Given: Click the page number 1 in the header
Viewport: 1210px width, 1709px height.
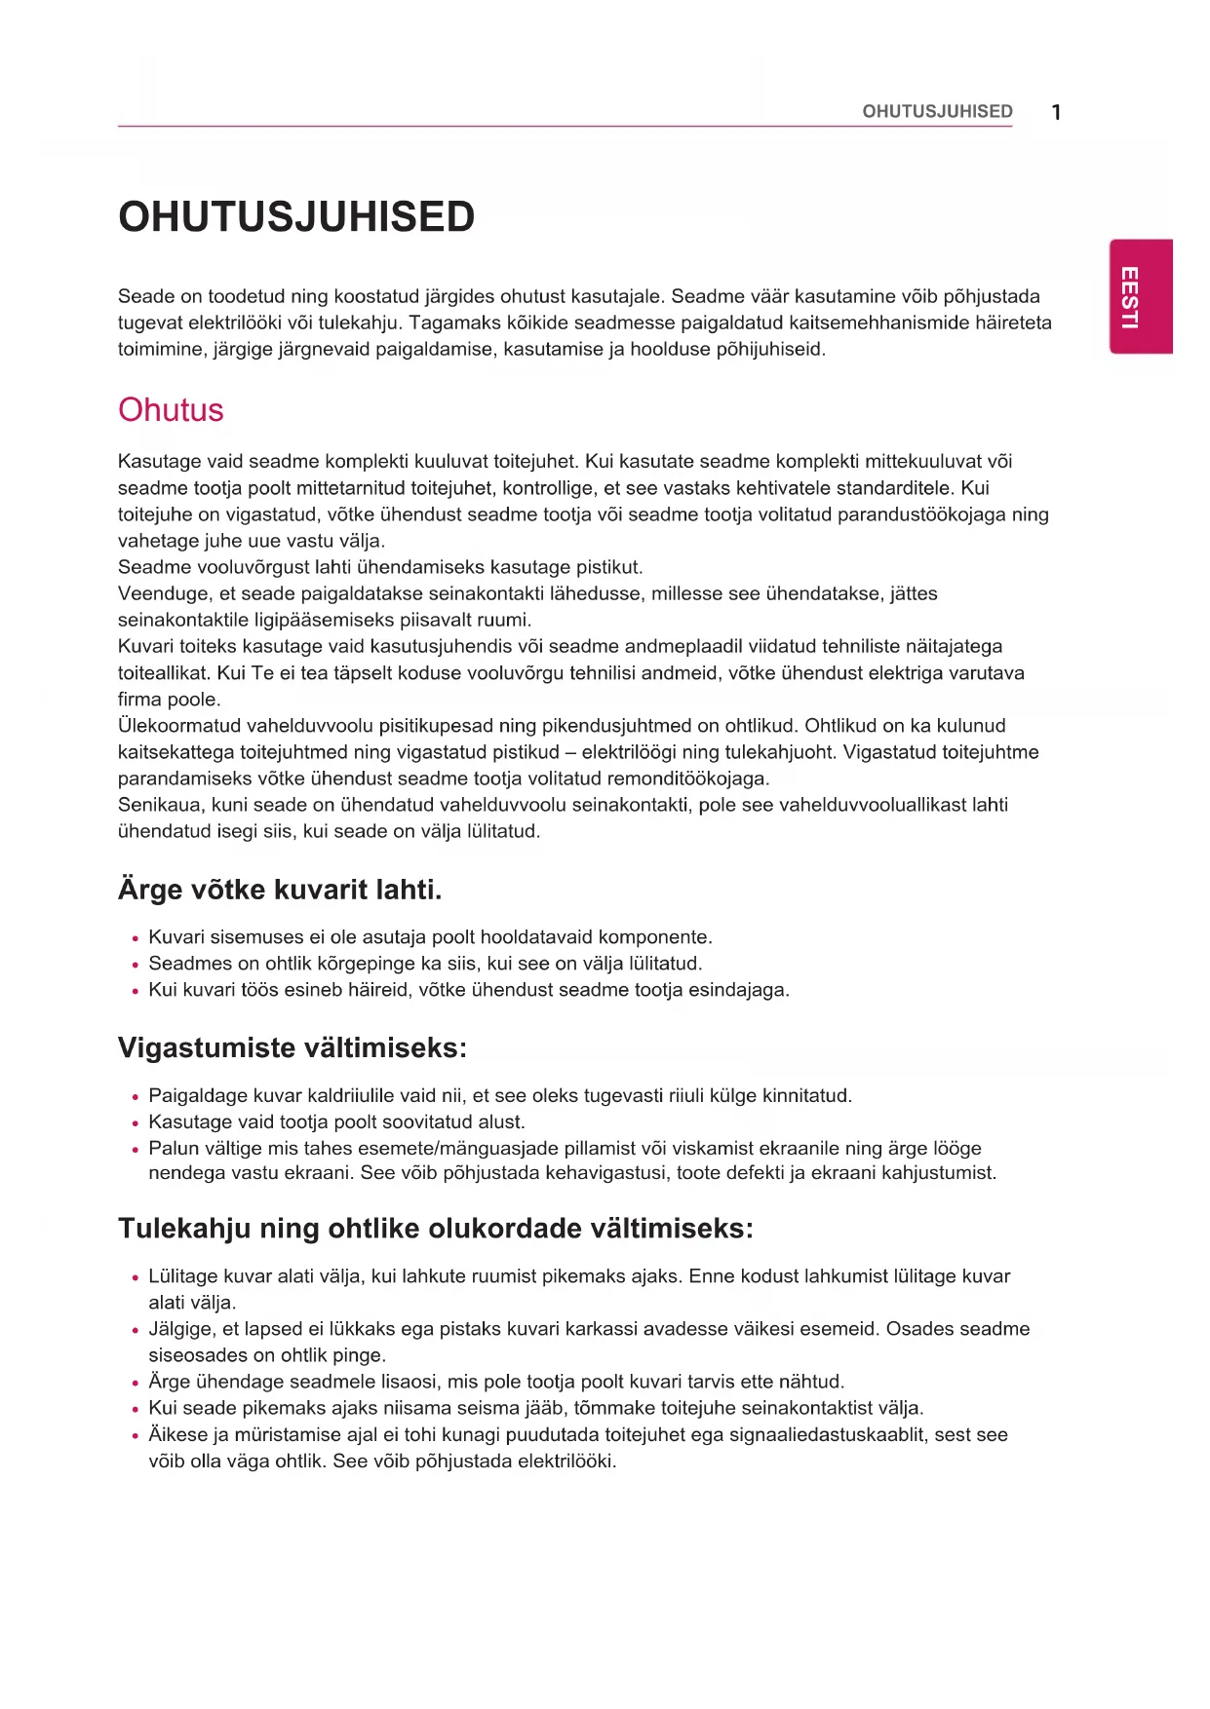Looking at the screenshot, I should tap(1056, 112).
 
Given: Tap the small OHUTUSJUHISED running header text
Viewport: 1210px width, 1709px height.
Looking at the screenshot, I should tap(937, 111).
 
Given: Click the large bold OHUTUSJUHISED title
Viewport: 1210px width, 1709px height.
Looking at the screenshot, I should tap(296, 216).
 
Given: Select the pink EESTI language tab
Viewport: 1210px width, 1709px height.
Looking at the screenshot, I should tap(1140, 296).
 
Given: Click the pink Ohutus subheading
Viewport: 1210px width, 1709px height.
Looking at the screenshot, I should tap(171, 409).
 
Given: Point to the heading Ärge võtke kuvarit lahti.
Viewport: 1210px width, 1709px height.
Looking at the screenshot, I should tap(280, 889).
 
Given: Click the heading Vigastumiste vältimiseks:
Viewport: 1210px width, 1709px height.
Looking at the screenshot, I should tap(292, 1047).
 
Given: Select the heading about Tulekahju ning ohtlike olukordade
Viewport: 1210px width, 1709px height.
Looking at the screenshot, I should tap(435, 1228).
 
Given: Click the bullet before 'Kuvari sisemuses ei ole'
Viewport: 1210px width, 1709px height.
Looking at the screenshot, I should tap(136, 939).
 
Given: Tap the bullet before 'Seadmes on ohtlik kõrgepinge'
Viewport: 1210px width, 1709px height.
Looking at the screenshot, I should tap(136, 966).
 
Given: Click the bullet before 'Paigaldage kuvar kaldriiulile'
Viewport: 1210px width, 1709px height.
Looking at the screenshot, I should tap(136, 1097).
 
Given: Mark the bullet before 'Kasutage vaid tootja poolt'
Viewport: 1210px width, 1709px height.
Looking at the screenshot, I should tap(136, 1123).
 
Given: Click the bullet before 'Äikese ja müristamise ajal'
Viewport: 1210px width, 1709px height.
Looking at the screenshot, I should tap(136, 1436).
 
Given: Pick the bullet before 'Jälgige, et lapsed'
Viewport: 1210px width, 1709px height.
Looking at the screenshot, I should tap(136, 1331).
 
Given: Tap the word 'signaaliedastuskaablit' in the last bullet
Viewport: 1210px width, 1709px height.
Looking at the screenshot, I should tap(827, 1434).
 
